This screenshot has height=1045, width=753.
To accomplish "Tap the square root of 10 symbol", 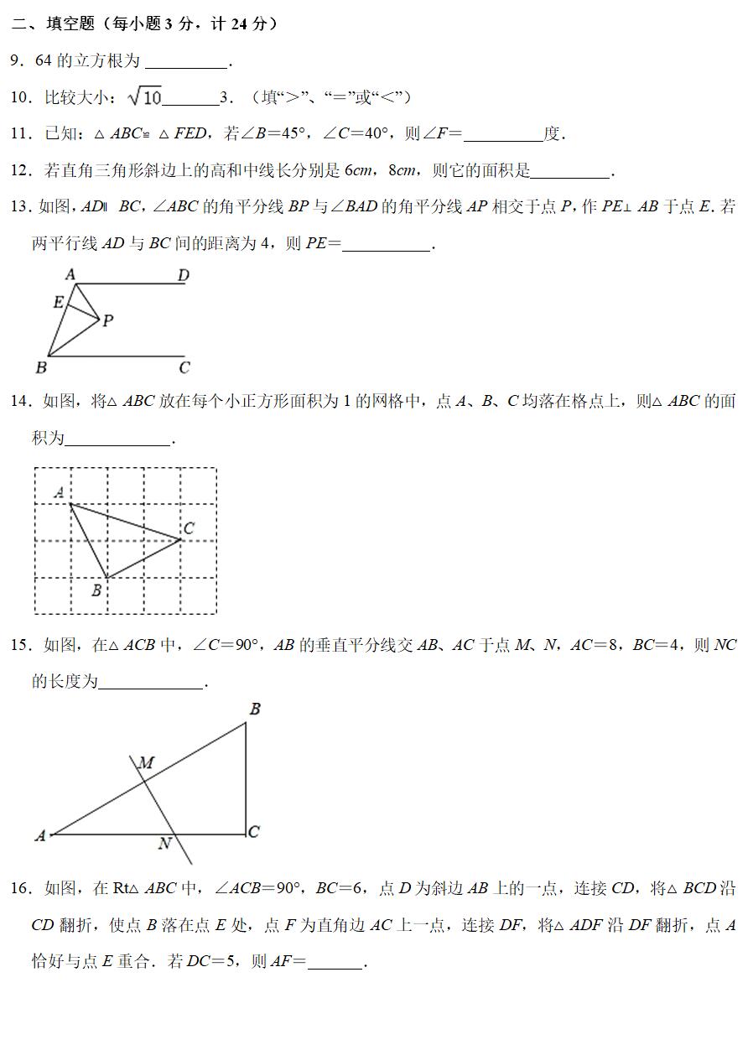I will coord(144,97).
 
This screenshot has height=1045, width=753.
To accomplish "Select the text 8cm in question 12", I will coord(404,171).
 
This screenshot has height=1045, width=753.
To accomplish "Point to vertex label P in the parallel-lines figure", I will coord(108,321).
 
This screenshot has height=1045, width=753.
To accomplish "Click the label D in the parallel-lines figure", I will coord(183,274).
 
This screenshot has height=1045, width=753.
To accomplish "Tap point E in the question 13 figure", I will coord(58,302).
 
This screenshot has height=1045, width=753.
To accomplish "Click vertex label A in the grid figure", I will coord(60,492).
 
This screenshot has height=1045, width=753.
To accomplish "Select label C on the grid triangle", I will coord(189,528).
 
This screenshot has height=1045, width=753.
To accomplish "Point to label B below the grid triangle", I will coord(96,590).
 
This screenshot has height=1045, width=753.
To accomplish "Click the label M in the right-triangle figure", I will coord(146,763).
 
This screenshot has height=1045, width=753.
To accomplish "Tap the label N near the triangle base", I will coord(165,844).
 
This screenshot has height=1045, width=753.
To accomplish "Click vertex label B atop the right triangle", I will coord(255,710).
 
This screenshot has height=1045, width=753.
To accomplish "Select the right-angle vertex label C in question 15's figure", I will coord(254,831).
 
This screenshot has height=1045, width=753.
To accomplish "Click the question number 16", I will coord(20,889).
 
